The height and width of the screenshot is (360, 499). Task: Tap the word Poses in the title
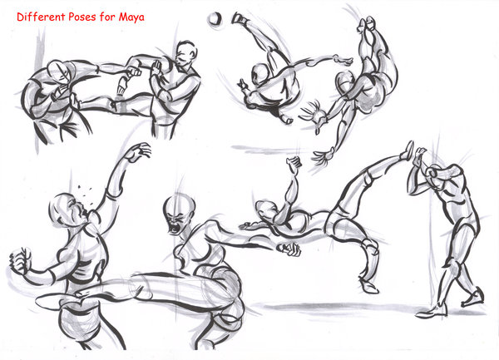[x=86, y=16]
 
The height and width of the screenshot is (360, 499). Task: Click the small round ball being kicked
[x=215, y=17]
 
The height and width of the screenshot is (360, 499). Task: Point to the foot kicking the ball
[x=240, y=17]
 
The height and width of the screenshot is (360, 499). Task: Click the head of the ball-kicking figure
[x=260, y=76]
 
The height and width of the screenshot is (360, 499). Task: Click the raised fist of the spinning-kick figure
[x=292, y=162]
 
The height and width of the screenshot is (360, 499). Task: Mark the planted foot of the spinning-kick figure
[x=368, y=287]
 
